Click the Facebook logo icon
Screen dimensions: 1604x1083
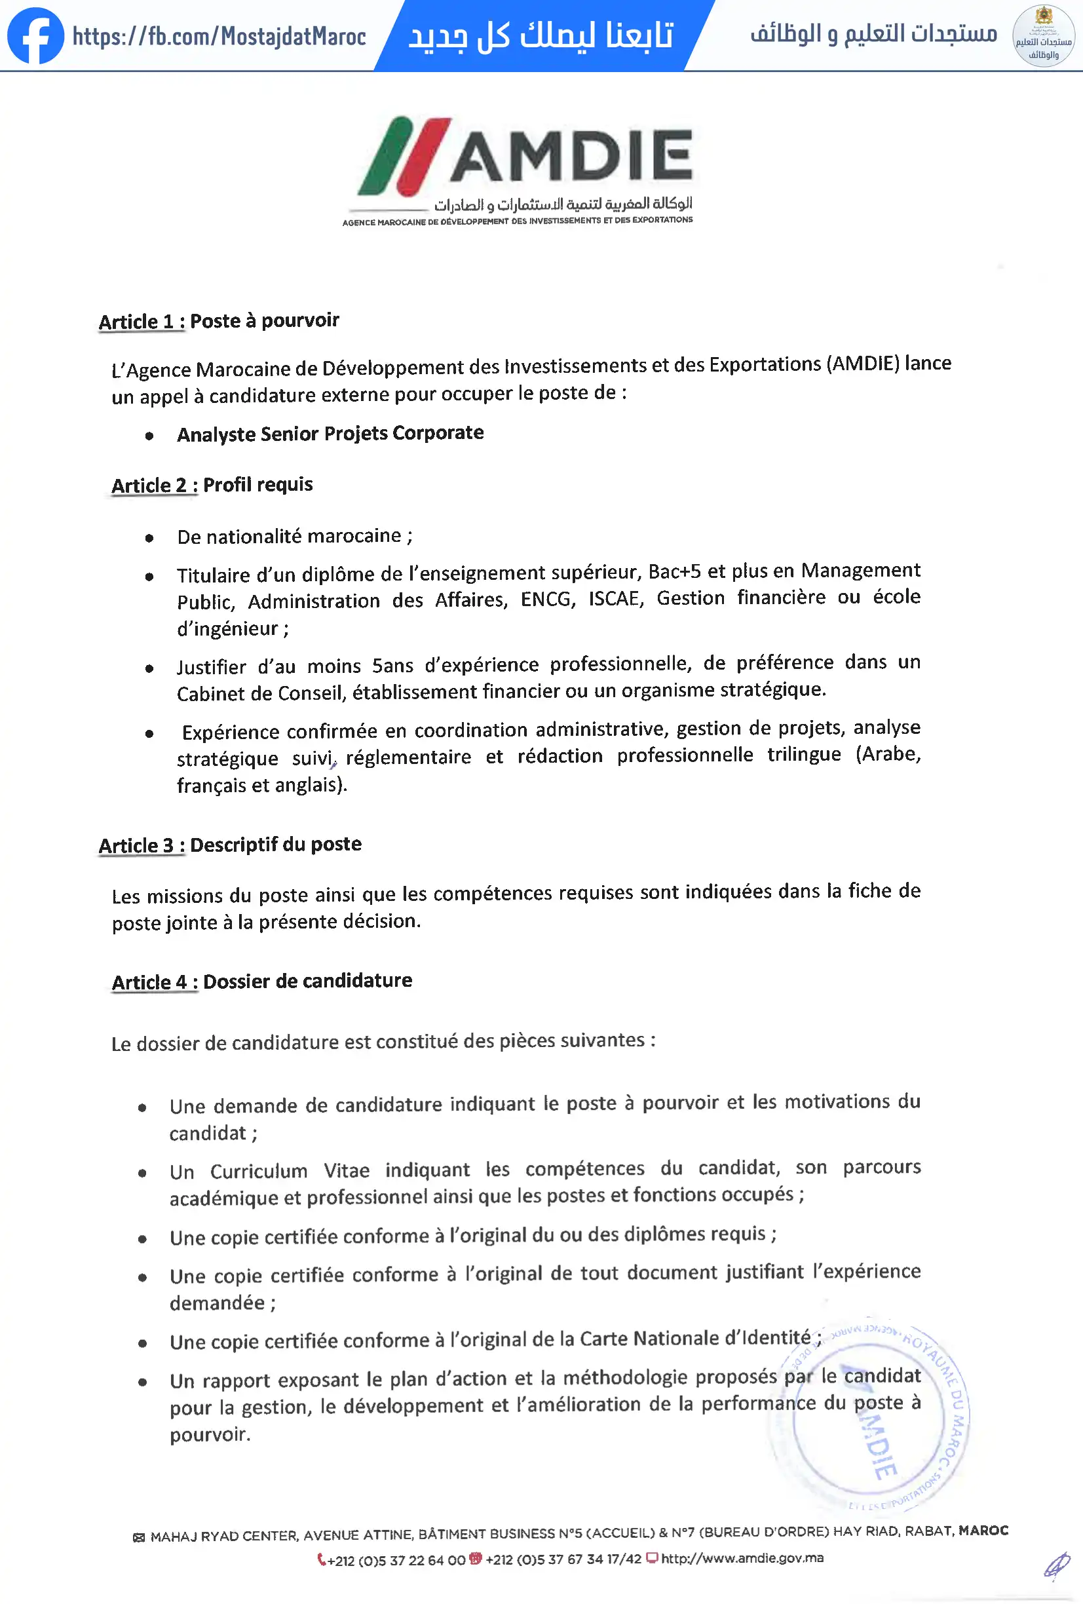point(35,36)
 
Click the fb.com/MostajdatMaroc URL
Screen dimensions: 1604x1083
point(219,36)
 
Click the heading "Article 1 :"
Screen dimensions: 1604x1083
point(142,322)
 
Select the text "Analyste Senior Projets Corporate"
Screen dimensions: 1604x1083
point(330,434)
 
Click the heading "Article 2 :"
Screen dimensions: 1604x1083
point(155,486)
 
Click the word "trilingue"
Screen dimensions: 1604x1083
point(803,754)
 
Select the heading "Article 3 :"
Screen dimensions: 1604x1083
point(142,845)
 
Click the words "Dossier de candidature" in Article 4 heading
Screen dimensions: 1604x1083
point(307,981)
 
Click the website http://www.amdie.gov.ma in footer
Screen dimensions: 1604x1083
point(742,1558)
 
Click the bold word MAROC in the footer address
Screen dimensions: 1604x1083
point(983,1530)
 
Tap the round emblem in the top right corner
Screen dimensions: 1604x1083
point(1043,36)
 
